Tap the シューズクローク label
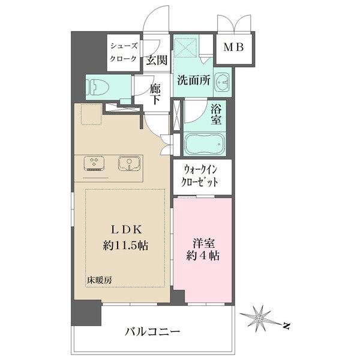[x=123, y=52]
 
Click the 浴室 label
[x=217, y=115]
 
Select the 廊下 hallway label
[x=155, y=94]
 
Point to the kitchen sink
[x=129, y=164]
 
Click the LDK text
[x=125, y=229]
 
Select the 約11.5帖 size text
[x=125, y=245]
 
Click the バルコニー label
[x=152, y=331]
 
